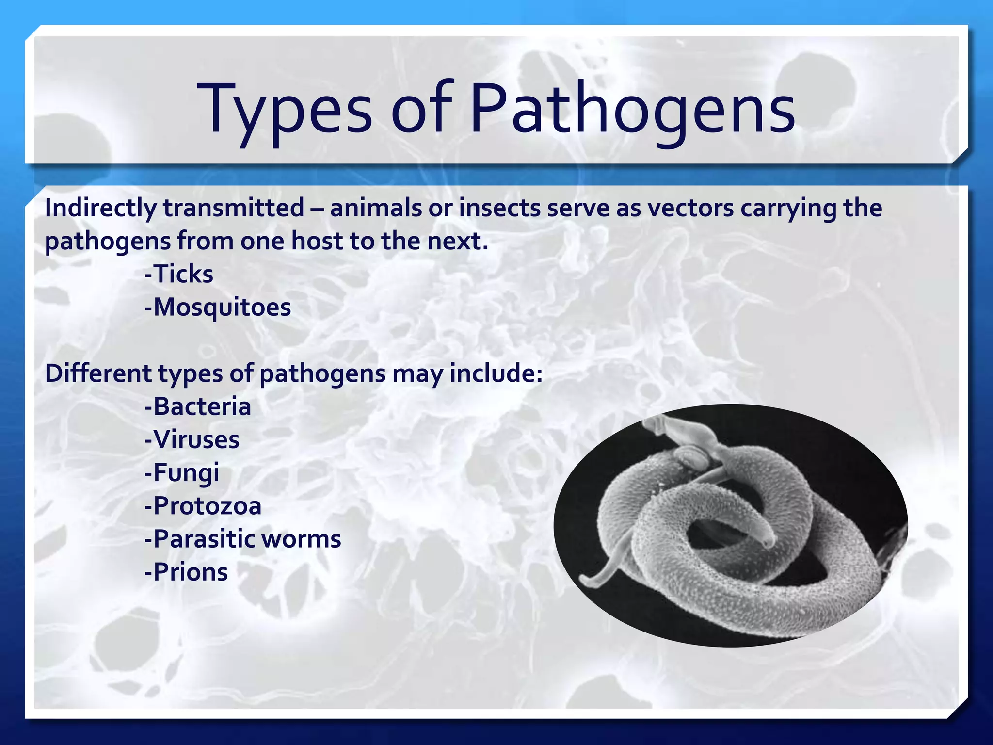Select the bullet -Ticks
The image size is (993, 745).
click(x=179, y=274)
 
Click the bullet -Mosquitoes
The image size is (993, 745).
click(x=218, y=308)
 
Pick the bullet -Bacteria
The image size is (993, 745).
click(x=198, y=406)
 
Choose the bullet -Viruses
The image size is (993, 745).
click(x=192, y=440)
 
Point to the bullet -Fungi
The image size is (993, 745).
click(x=182, y=473)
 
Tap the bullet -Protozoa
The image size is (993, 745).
click(x=203, y=506)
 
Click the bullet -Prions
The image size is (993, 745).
click(x=186, y=572)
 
